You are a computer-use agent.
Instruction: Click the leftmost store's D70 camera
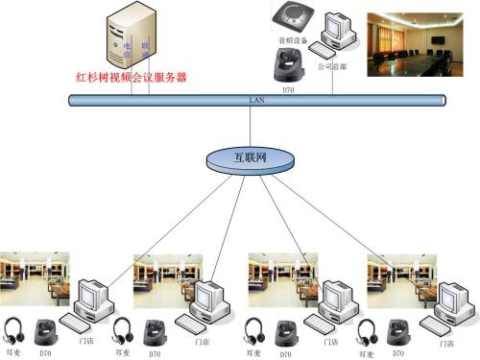pyautogui.click(x=44, y=332)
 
